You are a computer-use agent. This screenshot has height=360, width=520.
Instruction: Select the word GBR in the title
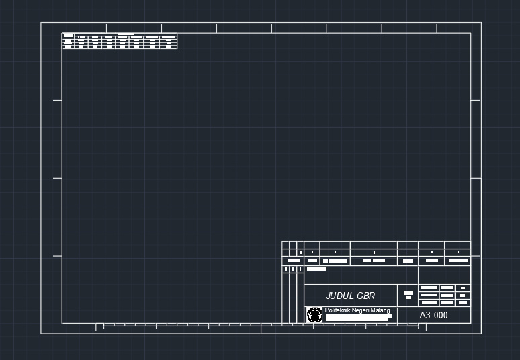(366, 296)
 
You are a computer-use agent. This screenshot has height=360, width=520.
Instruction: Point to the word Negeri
(363, 310)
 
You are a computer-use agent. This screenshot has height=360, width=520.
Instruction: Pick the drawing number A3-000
(433, 315)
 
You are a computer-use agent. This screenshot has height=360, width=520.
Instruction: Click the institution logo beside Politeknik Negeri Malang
(314, 314)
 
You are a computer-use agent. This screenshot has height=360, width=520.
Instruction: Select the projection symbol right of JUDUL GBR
(408, 295)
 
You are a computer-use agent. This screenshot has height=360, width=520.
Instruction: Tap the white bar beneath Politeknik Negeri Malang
(358, 316)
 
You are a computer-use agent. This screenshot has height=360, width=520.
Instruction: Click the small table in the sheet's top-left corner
(120, 41)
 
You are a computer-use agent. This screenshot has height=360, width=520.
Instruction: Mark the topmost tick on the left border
(58, 100)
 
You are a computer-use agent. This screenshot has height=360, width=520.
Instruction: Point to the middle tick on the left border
(58, 179)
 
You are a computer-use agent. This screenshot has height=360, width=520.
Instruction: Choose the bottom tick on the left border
(58, 256)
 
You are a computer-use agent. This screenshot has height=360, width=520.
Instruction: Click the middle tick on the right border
(475, 179)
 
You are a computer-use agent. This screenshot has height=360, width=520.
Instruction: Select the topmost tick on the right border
(475, 100)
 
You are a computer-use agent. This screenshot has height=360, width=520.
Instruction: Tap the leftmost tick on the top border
(106, 28)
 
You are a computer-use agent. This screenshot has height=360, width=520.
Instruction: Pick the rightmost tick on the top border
(437, 28)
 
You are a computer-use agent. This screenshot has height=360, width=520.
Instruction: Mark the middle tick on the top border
(272, 28)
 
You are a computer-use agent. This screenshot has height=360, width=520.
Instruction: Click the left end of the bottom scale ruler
(97, 326)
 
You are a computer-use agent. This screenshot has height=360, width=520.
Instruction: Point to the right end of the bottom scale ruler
(425, 326)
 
